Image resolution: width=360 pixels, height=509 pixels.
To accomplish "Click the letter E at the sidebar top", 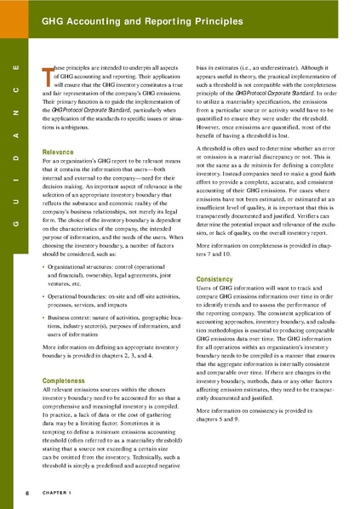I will (16, 66).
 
